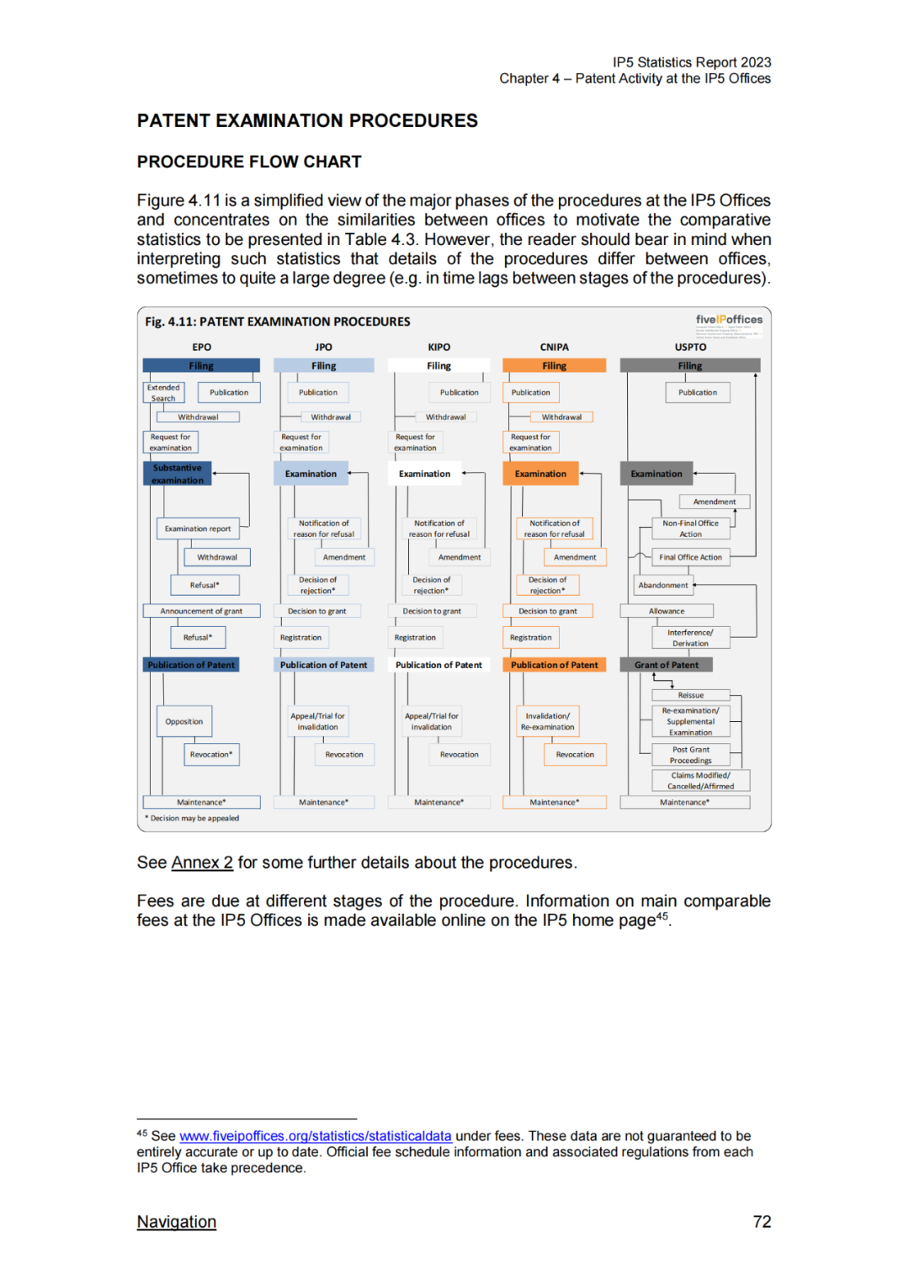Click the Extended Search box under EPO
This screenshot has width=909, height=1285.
tap(163, 393)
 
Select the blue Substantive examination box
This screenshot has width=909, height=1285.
tap(177, 474)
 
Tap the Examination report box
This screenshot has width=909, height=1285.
tap(198, 528)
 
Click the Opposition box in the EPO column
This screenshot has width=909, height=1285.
tap(184, 721)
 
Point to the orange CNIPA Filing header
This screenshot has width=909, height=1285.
tap(554, 366)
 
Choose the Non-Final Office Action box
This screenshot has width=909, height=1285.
tap(690, 528)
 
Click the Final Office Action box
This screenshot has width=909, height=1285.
tap(690, 557)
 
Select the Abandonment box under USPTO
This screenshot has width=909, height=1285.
tap(663, 585)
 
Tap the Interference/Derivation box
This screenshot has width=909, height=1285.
tap(690, 638)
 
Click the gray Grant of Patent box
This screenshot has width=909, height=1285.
tap(667, 665)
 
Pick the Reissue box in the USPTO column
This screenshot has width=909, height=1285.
tap(691, 695)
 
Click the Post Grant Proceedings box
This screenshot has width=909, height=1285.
tap(691, 755)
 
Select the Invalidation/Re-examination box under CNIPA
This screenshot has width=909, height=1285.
tap(547, 721)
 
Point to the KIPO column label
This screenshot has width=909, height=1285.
tap(439, 347)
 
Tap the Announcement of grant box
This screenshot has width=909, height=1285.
tap(201, 611)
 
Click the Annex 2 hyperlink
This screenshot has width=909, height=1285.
tap(202, 863)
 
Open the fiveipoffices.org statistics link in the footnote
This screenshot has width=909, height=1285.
tap(315, 1136)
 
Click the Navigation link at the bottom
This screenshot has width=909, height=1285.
tap(177, 1222)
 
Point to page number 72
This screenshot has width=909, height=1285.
tap(762, 1222)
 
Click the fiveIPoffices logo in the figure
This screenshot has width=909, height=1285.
tap(729, 320)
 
